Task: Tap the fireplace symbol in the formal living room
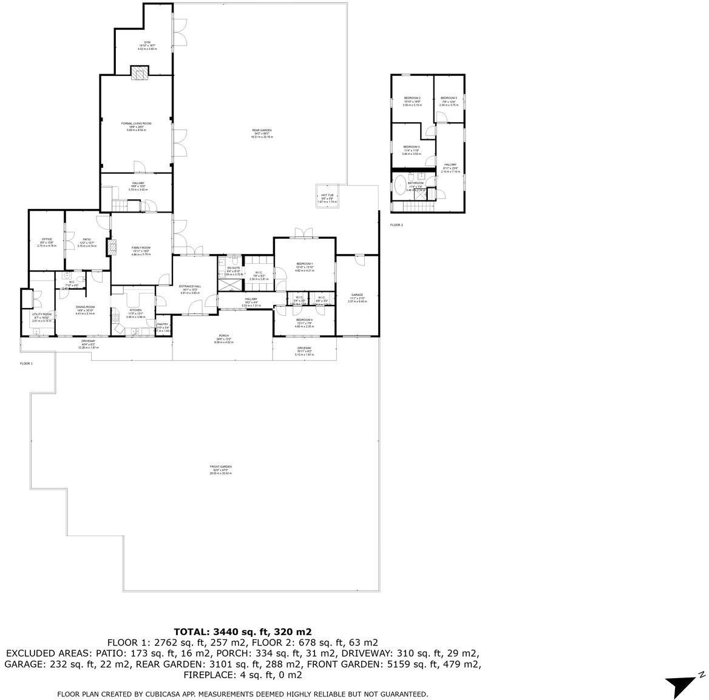coord(140,74)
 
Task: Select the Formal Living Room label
coord(136,124)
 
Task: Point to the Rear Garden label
coord(262,131)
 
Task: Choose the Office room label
coord(47,239)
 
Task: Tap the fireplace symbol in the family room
coord(111,247)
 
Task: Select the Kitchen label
coord(135,310)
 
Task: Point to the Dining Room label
coord(85,307)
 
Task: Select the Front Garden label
coord(221,467)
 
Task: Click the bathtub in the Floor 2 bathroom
coord(401,185)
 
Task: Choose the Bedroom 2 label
coord(412,98)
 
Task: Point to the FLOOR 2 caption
coord(396,225)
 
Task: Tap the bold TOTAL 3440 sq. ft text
coord(243,631)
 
